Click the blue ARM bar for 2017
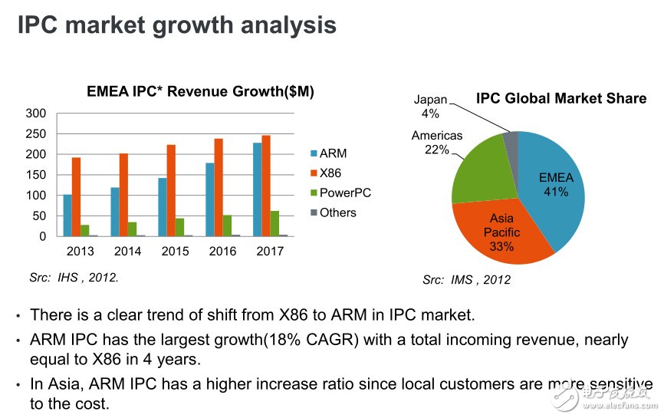tap(258, 189)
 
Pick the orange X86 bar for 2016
tap(219, 188)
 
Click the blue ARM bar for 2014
tap(115, 212)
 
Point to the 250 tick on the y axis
tap(38, 134)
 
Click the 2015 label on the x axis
tap(175, 252)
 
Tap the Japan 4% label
tap(429, 107)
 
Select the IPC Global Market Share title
tap(560, 99)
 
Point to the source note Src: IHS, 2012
tap(74, 278)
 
